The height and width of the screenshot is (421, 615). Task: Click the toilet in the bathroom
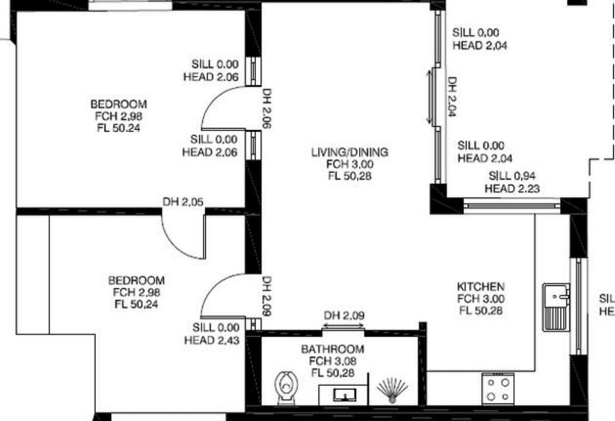click(x=286, y=387)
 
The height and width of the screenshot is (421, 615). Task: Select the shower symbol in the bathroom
click(x=392, y=391)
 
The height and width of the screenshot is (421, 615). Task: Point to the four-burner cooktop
click(x=497, y=389)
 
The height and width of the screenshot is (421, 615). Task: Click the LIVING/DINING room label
click(x=350, y=152)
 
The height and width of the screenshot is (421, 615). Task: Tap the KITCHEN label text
click(x=481, y=287)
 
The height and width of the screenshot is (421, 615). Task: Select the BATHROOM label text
click(x=333, y=349)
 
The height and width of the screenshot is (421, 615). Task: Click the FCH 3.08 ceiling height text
click(x=333, y=361)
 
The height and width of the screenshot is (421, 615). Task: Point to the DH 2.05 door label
click(x=183, y=202)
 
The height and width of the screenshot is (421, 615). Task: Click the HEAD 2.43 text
click(x=212, y=340)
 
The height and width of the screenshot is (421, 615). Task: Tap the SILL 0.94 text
click(x=512, y=175)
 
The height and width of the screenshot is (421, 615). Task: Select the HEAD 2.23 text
click(x=512, y=188)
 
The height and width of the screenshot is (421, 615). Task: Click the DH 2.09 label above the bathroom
click(x=344, y=315)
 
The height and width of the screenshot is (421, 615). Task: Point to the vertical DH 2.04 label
click(x=452, y=96)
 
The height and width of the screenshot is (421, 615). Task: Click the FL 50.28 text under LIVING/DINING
click(x=350, y=176)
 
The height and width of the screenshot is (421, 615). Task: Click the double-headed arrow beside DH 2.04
click(x=430, y=96)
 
